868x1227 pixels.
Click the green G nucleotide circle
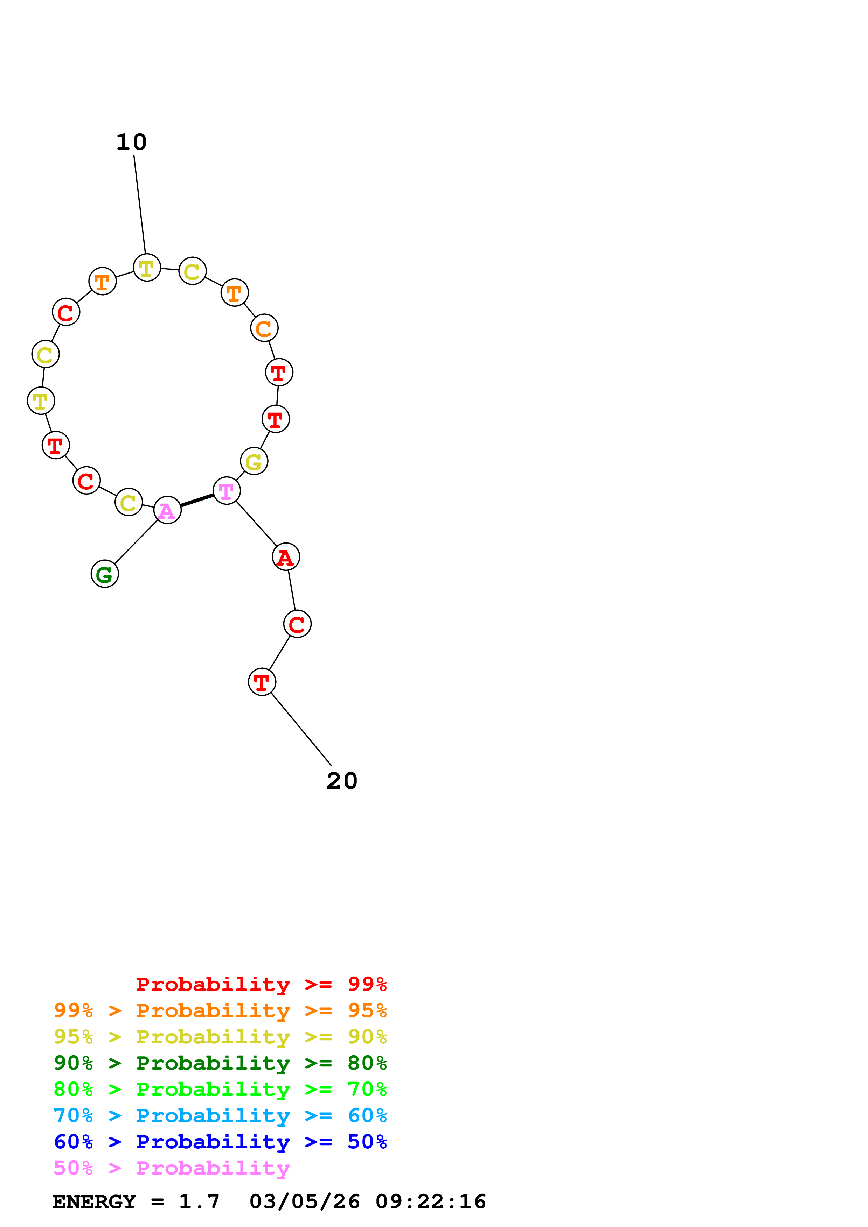click(105, 574)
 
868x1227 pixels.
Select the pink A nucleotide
click(167, 510)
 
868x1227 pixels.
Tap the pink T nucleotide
click(227, 491)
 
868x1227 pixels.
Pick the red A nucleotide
click(286, 557)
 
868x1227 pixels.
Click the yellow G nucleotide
click(254, 461)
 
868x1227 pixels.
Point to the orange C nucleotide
click(264, 328)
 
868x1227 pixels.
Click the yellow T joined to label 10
click(147, 268)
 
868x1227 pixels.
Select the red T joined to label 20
click(262, 682)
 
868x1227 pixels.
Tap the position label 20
click(342, 781)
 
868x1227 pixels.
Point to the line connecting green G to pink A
click(136, 541)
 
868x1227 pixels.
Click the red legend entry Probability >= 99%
click(261, 984)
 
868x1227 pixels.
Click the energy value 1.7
click(199, 1201)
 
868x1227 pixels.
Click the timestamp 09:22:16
click(431, 1201)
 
